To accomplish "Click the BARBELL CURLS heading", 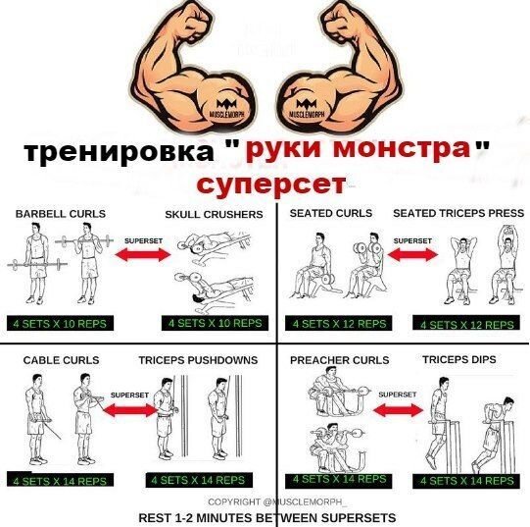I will point(60,213).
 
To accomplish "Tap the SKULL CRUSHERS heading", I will point(214,214).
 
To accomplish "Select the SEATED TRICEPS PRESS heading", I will point(458,213).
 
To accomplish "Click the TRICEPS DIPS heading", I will point(458,360).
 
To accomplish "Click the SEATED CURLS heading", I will point(331,213).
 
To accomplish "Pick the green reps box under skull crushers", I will point(215,322).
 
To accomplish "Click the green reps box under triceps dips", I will point(466,481).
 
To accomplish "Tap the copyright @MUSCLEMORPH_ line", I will point(265,501).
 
